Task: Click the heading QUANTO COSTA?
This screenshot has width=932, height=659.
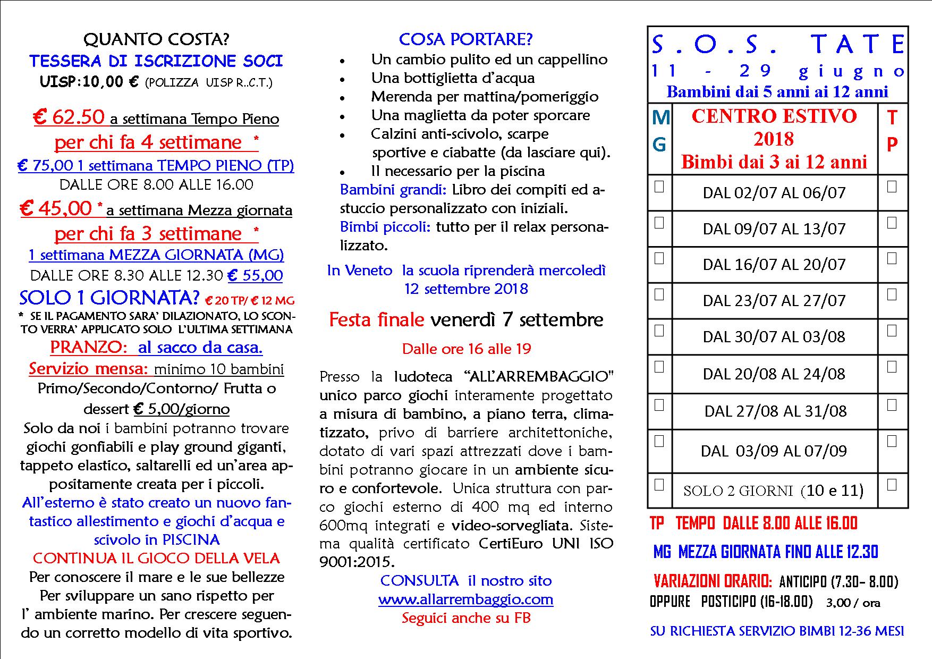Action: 156,39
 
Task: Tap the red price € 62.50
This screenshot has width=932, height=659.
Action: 69,117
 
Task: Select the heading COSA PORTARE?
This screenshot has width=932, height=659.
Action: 465,39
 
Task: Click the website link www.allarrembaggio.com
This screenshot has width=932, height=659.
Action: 465,599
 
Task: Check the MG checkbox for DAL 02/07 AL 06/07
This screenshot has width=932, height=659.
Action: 659,187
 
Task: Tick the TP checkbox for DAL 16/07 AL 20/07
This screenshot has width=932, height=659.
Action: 892,258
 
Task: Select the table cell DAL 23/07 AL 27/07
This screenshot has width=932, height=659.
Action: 774,301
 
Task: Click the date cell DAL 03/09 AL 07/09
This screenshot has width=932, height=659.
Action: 774,451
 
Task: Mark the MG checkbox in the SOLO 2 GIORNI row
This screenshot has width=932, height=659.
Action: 659,485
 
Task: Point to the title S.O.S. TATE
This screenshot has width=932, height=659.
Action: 778,45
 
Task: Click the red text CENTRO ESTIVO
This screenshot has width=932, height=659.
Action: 774,116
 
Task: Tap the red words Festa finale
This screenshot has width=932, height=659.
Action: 376,320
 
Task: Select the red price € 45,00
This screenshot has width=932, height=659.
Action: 56,209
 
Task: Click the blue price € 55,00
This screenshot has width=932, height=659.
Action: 255,275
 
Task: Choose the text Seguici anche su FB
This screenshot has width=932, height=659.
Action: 465,618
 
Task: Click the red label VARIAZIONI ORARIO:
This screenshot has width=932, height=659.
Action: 712,581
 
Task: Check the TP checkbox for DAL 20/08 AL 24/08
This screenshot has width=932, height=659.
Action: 892,367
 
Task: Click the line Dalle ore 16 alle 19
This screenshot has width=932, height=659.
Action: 466,349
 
